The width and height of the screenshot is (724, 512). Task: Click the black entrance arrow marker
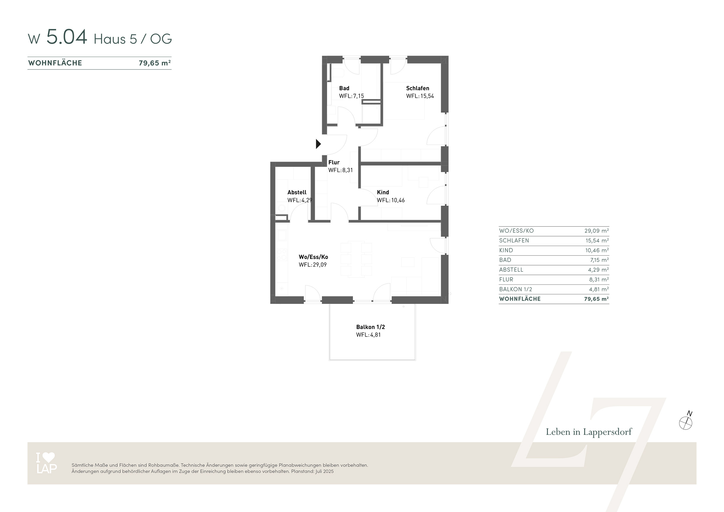pos(319,144)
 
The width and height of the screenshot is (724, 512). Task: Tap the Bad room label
pos(344,88)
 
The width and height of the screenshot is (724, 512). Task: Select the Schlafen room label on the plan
pos(418,88)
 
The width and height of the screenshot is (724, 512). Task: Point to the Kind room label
pos(383,192)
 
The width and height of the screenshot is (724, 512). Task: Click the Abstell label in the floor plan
pos(297,192)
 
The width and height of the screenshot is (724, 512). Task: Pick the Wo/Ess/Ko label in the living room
pos(314,257)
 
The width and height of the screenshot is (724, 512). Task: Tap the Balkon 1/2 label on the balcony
pos(371,327)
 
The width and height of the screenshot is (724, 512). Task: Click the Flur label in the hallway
pos(334,162)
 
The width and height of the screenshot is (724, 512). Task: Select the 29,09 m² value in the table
pos(596,231)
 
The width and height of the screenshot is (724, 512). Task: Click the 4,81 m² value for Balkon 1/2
pos(599,289)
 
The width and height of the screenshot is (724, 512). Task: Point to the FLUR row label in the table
pos(506,280)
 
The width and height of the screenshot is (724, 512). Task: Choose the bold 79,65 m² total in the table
pos(596,299)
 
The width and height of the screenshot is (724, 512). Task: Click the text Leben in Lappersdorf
pos(589,432)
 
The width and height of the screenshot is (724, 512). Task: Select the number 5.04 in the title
pos(66,37)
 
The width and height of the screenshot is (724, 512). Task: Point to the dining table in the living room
pos(356,259)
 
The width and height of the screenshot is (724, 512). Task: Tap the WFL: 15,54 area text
pos(420,96)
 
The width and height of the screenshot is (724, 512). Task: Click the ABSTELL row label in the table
pos(511,270)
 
